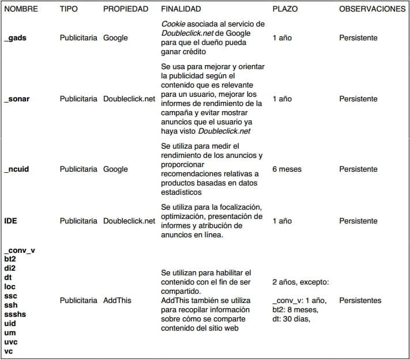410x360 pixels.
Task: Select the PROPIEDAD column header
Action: tap(125, 9)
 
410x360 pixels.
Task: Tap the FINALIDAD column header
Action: tap(181, 9)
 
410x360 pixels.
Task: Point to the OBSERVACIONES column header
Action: tap(372, 9)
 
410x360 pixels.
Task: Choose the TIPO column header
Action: tap(69, 9)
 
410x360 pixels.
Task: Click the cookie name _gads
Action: tap(15, 38)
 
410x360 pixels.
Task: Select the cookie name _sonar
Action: tap(17, 99)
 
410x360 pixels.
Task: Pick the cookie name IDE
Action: tap(10, 221)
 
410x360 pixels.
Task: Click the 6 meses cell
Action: tap(287, 169)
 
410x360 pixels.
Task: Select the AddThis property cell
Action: tap(117, 301)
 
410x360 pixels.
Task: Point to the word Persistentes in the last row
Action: tap(360, 301)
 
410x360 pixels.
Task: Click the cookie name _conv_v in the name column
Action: tap(20, 251)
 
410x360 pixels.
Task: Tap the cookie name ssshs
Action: tap(14, 314)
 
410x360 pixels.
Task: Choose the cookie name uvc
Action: tap(10, 342)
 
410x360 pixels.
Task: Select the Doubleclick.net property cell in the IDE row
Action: tap(129, 221)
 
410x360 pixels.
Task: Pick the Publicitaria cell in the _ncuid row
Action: tap(78, 169)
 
